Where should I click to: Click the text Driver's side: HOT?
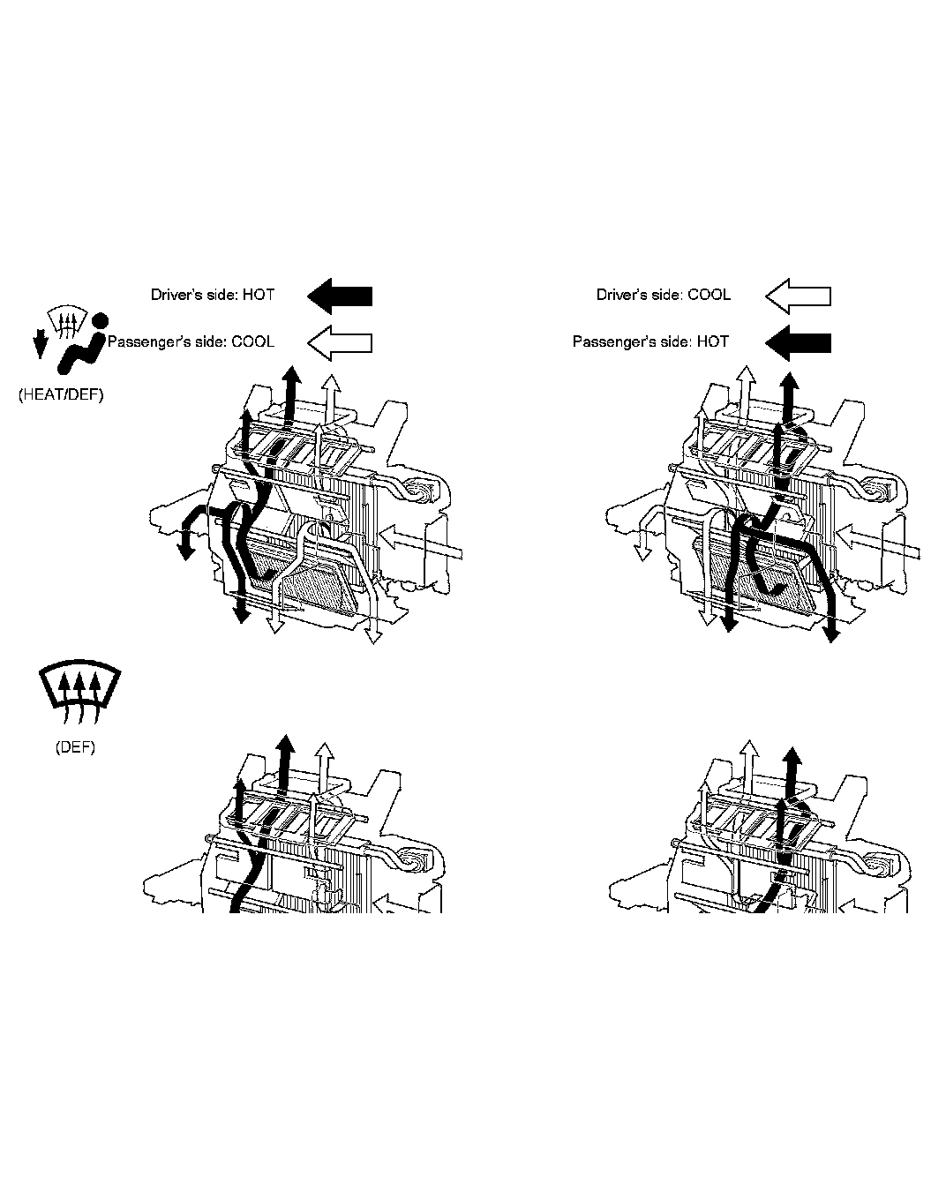(x=212, y=295)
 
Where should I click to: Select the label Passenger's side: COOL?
(x=191, y=341)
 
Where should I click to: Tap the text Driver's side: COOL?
(x=663, y=295)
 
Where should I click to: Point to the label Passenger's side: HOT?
(x=650, y=341)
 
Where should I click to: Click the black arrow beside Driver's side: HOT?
(x=340, y=296)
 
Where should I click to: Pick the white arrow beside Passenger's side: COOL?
(x=340, y=342)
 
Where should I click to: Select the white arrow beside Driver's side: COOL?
(x=798, y=296)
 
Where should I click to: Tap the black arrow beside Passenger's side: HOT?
(x=798, y=342)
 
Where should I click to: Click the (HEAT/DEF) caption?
(x=61, y=395)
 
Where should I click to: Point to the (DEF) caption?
(x=75, y=747)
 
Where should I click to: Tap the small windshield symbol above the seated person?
(x=67, y=321)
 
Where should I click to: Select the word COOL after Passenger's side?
(x=252, y=341)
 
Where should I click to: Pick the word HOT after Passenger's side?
(x=712, y=341)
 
